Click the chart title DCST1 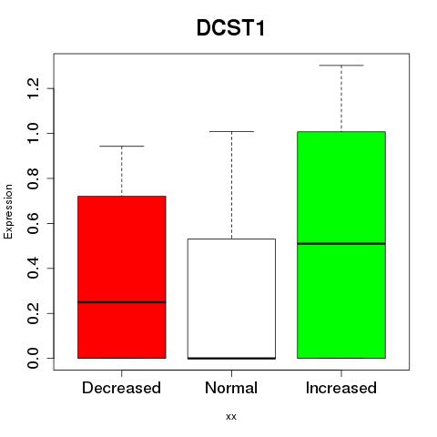tap(231, 28)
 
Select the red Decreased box tap(122, 277)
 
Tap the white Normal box tap(231, 299)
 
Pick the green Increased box tap(341, 245)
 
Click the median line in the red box tap(122, 302)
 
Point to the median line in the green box tap(341, 244)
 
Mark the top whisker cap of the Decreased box tap(122, 147)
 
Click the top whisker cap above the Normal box tap(231, 132)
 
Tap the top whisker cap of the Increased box tap(341, 66)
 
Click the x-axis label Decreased tap(121, 388)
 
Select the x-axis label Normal tap(231, 388)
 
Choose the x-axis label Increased tap(341, 388)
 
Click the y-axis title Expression tap(8, 211)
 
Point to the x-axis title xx tap(231, 417)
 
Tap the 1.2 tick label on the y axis tap(33, 88)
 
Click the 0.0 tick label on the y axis tap(33, 358)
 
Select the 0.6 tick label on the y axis tap(33, 223)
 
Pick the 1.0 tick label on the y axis tap(33, 133)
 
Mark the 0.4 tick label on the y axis tap(33, 269)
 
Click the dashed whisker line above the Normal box tap(232, 185)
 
